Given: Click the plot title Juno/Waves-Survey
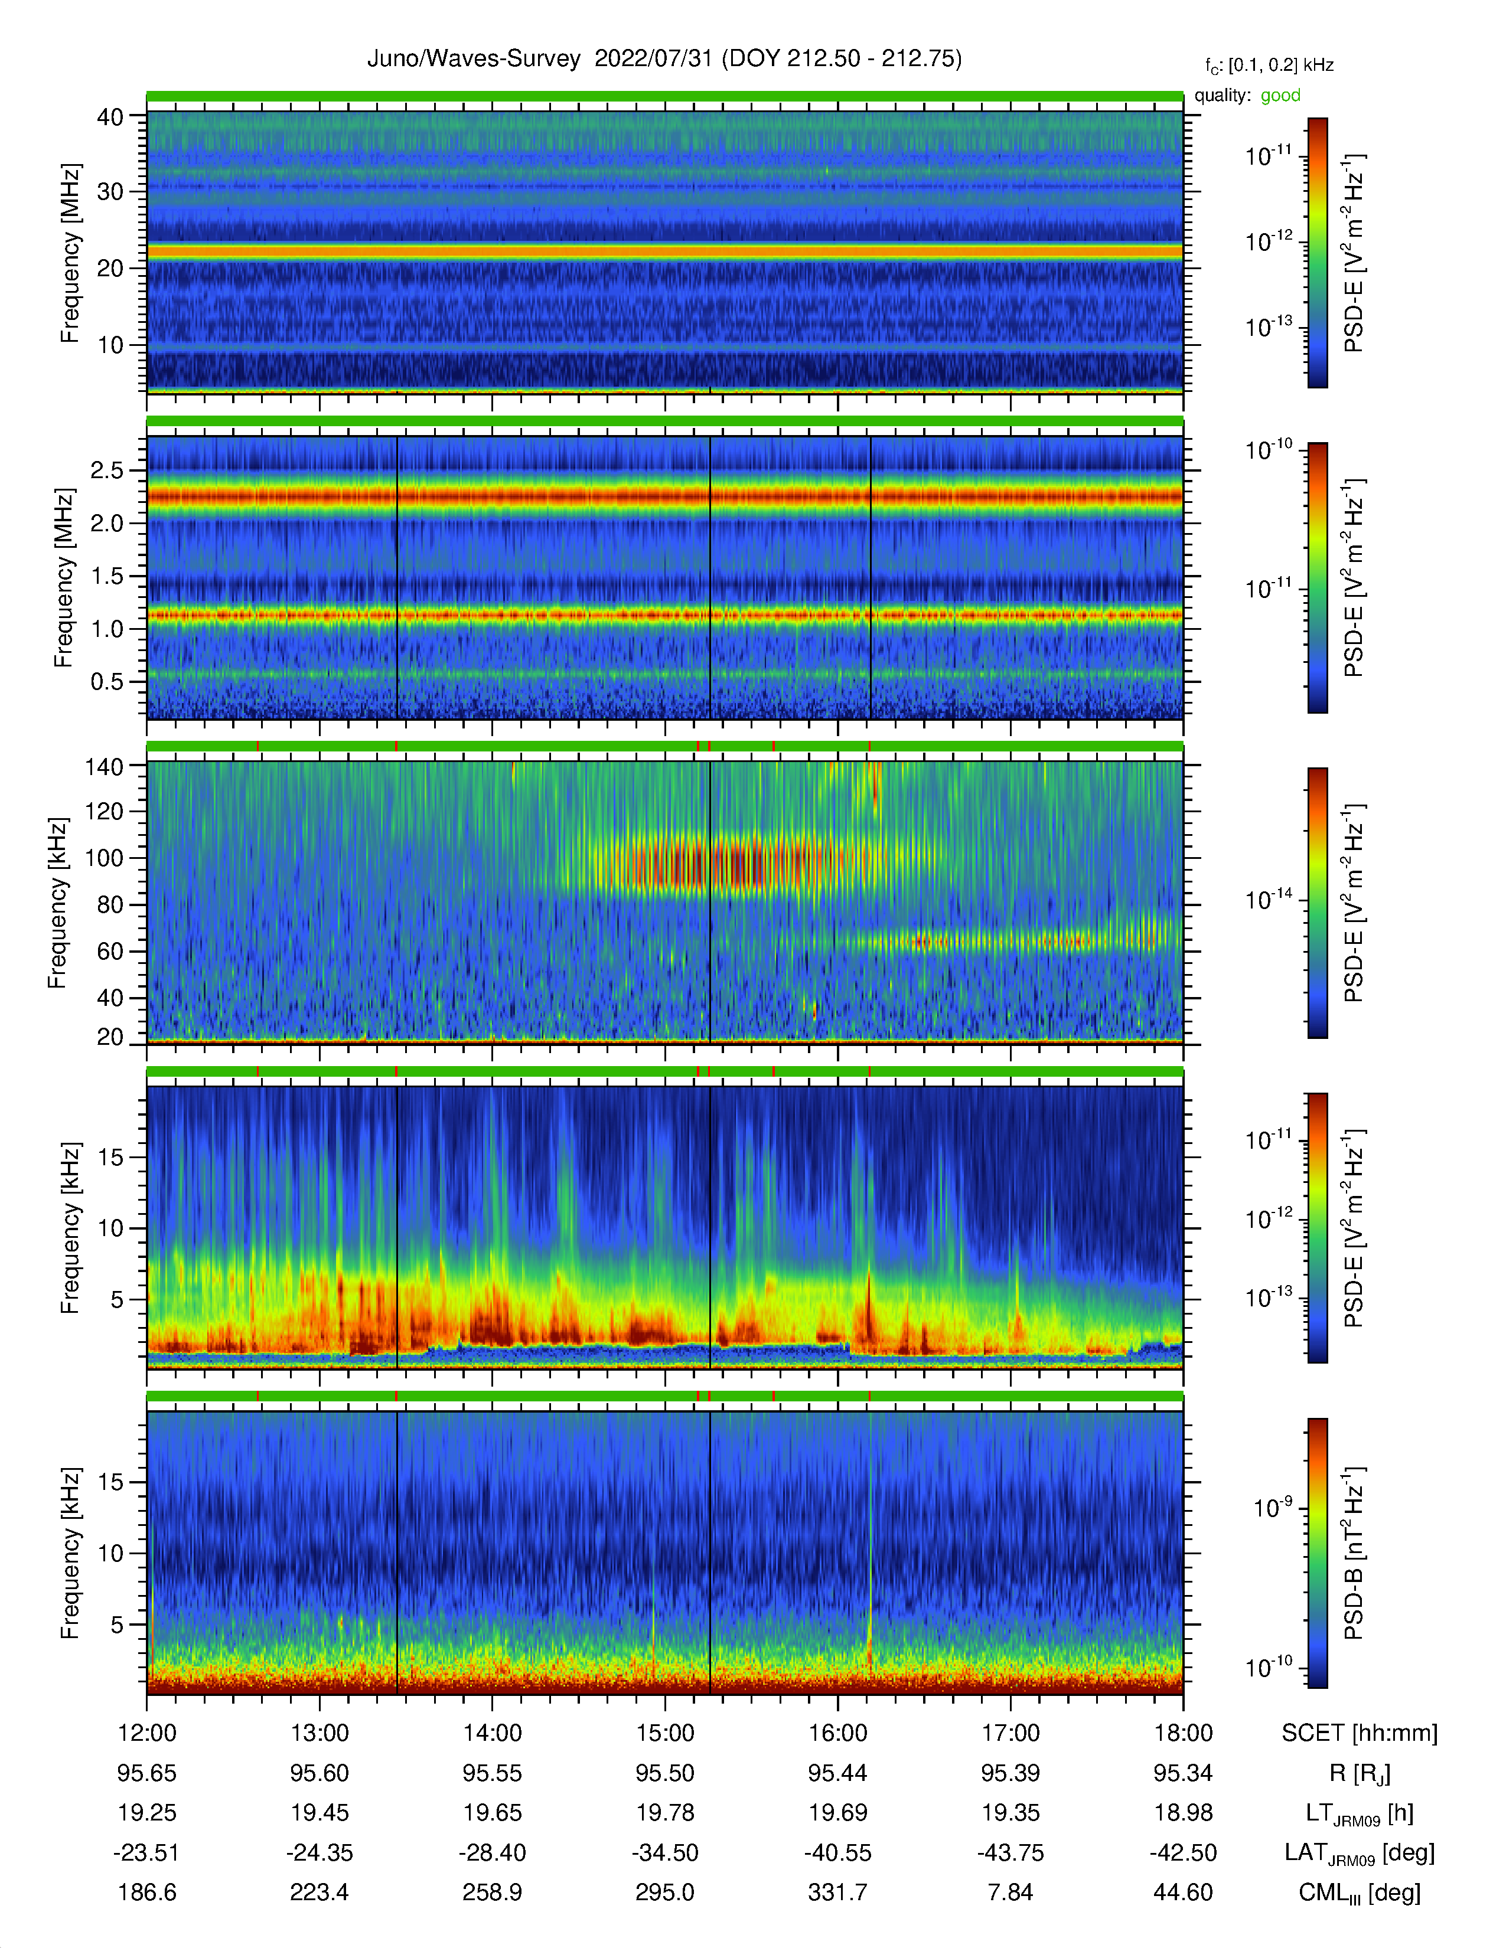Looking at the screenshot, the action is point(474,59).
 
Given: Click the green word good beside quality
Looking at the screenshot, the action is point(1280,96).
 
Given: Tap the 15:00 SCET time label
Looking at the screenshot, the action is point(664,1733).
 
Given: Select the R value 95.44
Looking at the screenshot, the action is point(838,1773).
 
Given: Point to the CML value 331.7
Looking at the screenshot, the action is point(838,1893).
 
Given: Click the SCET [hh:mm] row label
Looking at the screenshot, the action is point(1360,1733).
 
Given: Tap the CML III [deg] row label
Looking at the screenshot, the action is point(1360,1893).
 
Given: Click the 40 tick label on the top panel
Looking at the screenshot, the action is point(110,117).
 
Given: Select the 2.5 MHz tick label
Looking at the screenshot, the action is point(107,470).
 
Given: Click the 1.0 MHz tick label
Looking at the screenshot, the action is point(107,629).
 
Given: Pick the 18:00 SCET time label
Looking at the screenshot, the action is point(1183,1733).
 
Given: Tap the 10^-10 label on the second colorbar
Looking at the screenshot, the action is point(1269,449).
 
